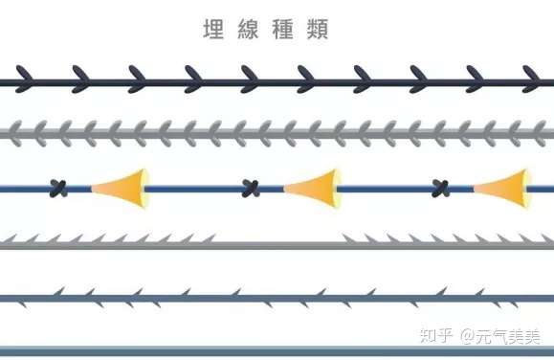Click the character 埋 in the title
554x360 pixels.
pyautogui.click(x=213, y=30)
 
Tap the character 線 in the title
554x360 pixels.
pyautogui.click(x=250, y=30)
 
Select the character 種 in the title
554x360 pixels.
pyautogui.click(x=286, y=30)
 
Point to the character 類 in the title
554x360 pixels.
pyautogui.click(x=321, y=30)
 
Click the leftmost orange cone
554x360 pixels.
pyautogui.click(x=122, y=187)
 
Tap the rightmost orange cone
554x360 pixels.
pyautogui.click(x=504, y=187)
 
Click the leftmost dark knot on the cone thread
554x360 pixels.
pyautogui.click(x=59, y=188)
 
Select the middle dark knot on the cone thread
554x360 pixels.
pyautogui.click(x=252, y=188)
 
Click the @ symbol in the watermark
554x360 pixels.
pyautogui.click(x=468, y=337)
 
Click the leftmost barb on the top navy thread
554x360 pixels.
pyautogui.click(x=21, y=78)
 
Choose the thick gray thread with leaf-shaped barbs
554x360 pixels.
pyautogui.click(x=277, y=132)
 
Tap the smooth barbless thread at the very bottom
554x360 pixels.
pyautogui.click(x=277, y=350)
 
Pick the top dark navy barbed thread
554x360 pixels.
pyautogui.click(x=277, y=83)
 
